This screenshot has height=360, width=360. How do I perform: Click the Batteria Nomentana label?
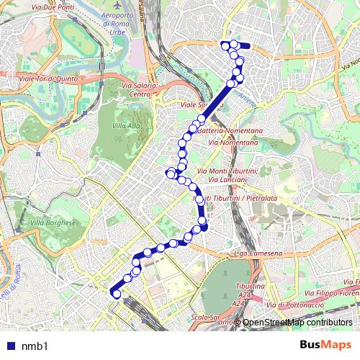230,132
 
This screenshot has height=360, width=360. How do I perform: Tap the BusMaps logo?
325,346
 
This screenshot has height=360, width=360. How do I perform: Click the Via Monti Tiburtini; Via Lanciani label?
230,174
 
